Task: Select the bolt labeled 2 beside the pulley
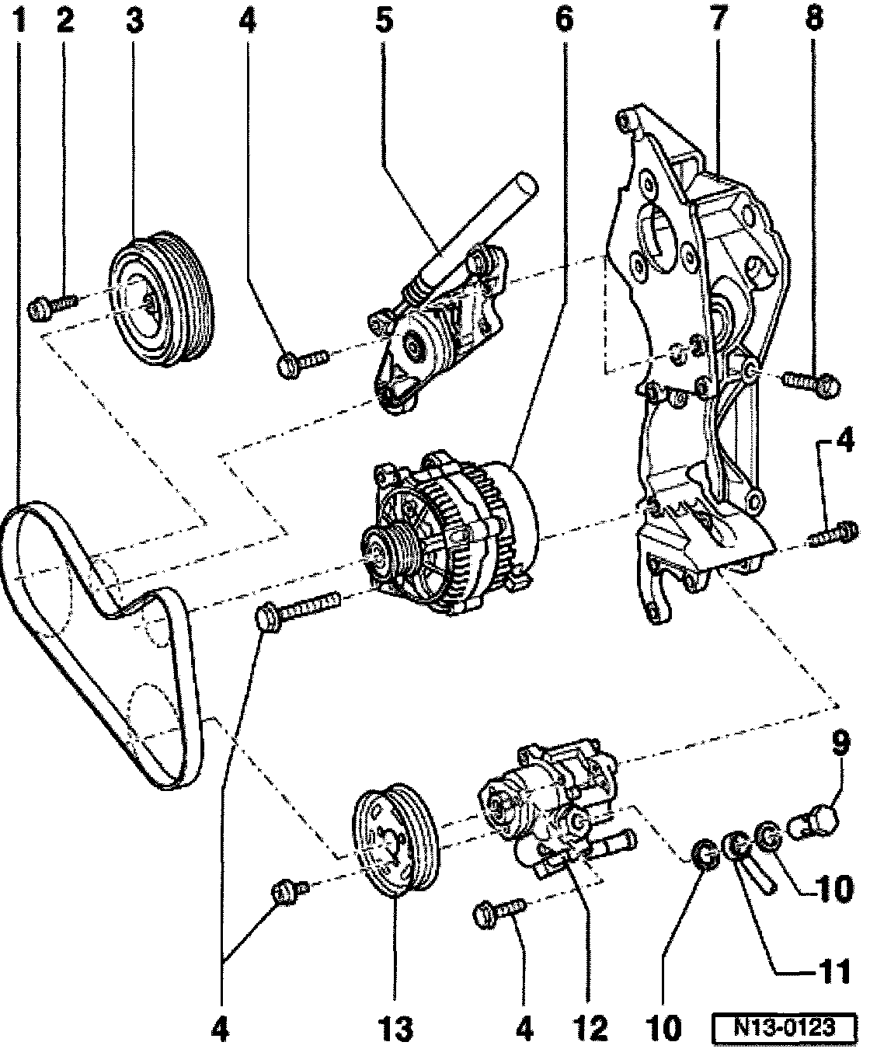(52, 306)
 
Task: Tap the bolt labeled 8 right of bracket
(811, 387)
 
